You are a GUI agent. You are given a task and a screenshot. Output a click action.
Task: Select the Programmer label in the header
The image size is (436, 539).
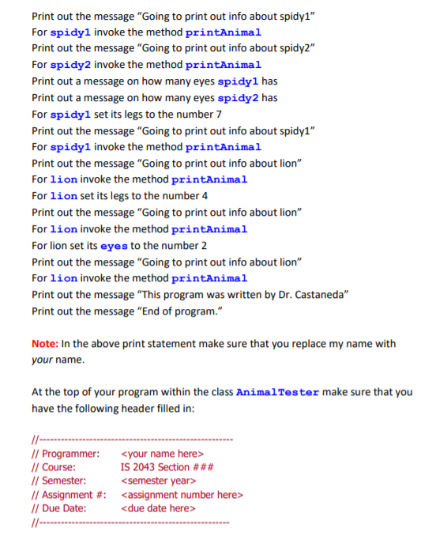coord(70,454)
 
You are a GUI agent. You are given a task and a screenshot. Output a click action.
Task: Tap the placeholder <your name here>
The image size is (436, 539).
coord(163,454)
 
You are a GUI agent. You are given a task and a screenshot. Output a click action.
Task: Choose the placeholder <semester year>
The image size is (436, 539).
coord(159,481)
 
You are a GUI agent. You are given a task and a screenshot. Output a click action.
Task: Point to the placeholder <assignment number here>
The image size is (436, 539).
coord(182,494)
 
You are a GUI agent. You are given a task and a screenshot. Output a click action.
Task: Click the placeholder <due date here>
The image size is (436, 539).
coord(158,507)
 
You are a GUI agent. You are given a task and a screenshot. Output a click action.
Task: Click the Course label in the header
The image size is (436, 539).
coord(61,467)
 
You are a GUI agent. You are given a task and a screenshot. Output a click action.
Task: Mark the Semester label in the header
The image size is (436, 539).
coord(64,481)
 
